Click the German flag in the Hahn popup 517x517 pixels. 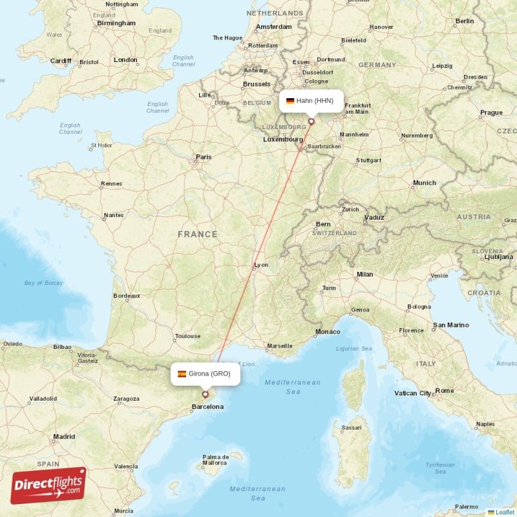[290, 101]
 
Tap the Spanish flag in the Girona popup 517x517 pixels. [182, 374]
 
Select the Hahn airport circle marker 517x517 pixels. [311, 121]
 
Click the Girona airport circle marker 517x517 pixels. [206, 394]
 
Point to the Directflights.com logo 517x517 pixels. [48, 485]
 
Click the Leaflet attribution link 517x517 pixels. [503, 512]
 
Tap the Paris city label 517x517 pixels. [204, 156]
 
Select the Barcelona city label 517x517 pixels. [207, 406]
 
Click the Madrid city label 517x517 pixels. [64, 437]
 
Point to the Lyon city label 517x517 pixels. [261, 265]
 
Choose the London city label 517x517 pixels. [125, 60]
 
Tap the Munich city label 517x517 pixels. [425, 183]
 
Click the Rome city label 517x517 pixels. [445, 390]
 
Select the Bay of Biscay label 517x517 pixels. [43, 283]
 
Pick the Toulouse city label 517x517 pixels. [187, 336]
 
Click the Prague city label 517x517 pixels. [491, 112]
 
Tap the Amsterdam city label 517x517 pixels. [273, 26]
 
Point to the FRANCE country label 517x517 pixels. [198, 234]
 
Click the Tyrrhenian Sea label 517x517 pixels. [439, 469]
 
